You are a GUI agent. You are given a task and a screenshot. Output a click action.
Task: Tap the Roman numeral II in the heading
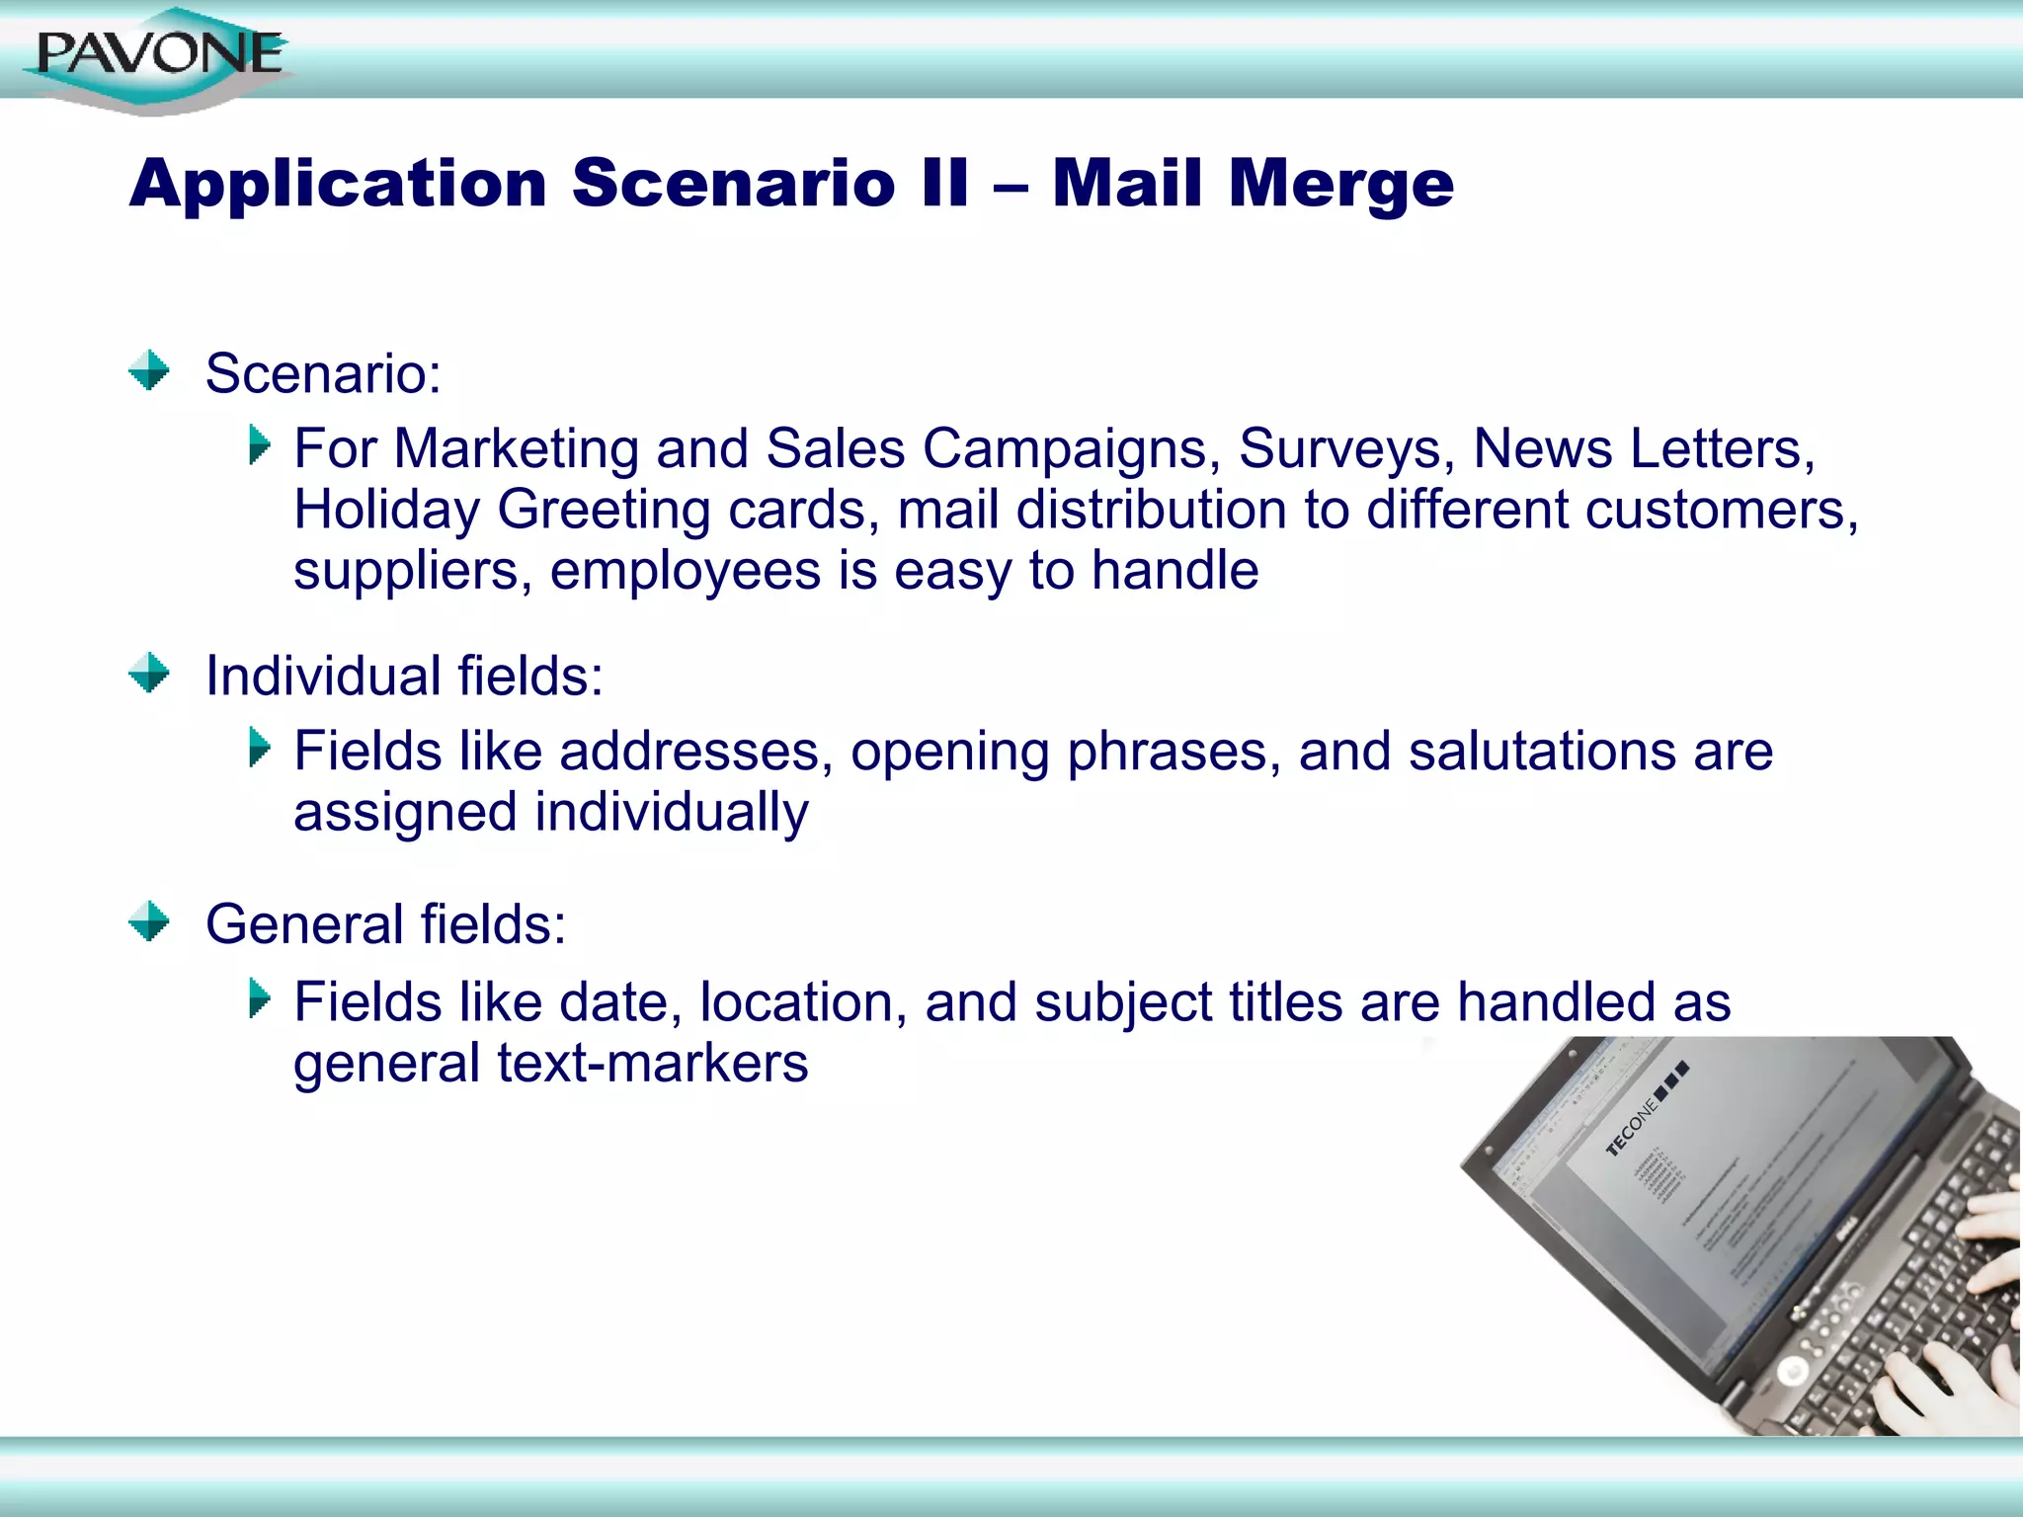tap(943, 184)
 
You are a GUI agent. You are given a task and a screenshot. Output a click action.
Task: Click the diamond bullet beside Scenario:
tap(149, 371)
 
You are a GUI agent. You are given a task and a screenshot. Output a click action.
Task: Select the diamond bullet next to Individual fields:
tap(149, 674)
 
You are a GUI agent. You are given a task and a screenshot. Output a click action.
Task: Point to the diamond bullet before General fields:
tap(149, 921)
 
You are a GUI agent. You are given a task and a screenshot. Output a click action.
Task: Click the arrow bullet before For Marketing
tap(260, 445)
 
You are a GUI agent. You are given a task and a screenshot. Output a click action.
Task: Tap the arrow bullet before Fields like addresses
tap(260, 748)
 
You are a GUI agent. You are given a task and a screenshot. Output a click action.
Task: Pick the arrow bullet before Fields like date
tap(260, 998)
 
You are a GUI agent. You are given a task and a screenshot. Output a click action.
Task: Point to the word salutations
tap(1542, 752)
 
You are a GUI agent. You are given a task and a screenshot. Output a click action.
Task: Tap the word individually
tap(671, 813)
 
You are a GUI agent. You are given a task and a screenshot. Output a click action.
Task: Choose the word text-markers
tap(652, 1064)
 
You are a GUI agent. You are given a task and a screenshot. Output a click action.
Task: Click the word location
tap(803, 1002)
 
